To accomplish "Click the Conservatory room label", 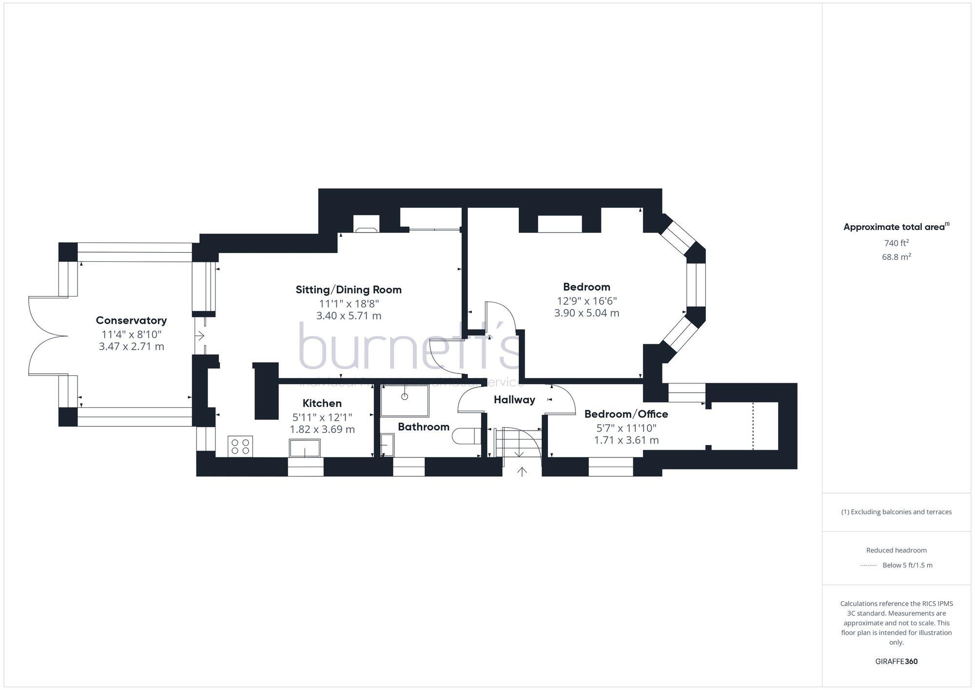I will point(131,320).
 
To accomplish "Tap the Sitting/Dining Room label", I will point(349,290).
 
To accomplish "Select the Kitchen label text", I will point(322,403).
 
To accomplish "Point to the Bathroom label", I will point(423,427).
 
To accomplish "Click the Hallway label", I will point(514,400).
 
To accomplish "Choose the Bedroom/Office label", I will point(626,414).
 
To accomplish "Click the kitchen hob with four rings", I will point(240,446).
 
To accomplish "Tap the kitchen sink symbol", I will point(305,448).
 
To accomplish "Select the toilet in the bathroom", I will point(466,436).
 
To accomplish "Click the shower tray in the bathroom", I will point(405,401).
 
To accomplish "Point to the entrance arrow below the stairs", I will point(522,472).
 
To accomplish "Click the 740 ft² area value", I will point(896,243).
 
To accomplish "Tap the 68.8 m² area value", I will point(896,256).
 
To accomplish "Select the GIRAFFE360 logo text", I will point(896,662).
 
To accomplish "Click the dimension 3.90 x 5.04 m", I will point(586,313).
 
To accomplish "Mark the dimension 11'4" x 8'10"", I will point(131,335).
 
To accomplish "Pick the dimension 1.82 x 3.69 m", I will point(322,430).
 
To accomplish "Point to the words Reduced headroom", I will point(896,550).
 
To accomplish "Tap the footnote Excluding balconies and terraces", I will point(896,512).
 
